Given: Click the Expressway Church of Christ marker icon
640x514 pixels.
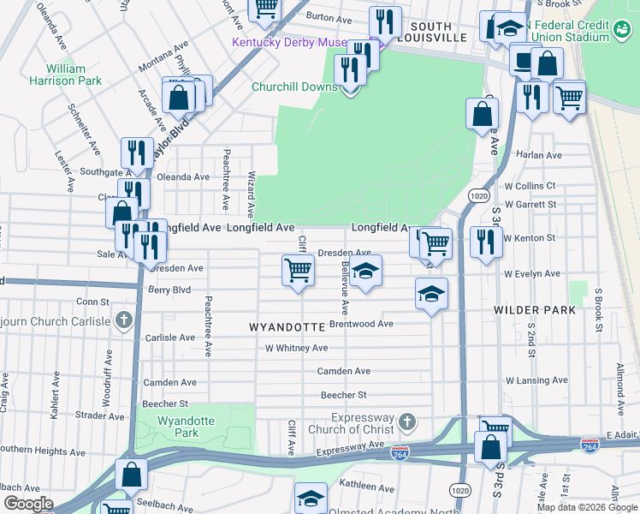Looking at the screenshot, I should (x=408, y=421).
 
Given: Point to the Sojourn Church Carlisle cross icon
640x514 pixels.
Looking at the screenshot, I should (x=124, y=321).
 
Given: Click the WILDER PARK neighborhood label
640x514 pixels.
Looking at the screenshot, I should (x=535, y=309).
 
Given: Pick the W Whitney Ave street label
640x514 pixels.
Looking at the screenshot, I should (x=296, y=348).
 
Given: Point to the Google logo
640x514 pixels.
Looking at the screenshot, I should (x=27, y=503).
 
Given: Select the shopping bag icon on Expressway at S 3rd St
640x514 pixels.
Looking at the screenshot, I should (x=490, y=447).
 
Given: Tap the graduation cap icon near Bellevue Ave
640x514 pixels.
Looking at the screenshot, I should (x=365, y=272).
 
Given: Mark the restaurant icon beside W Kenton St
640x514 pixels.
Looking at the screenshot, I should (x=484, y=242).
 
